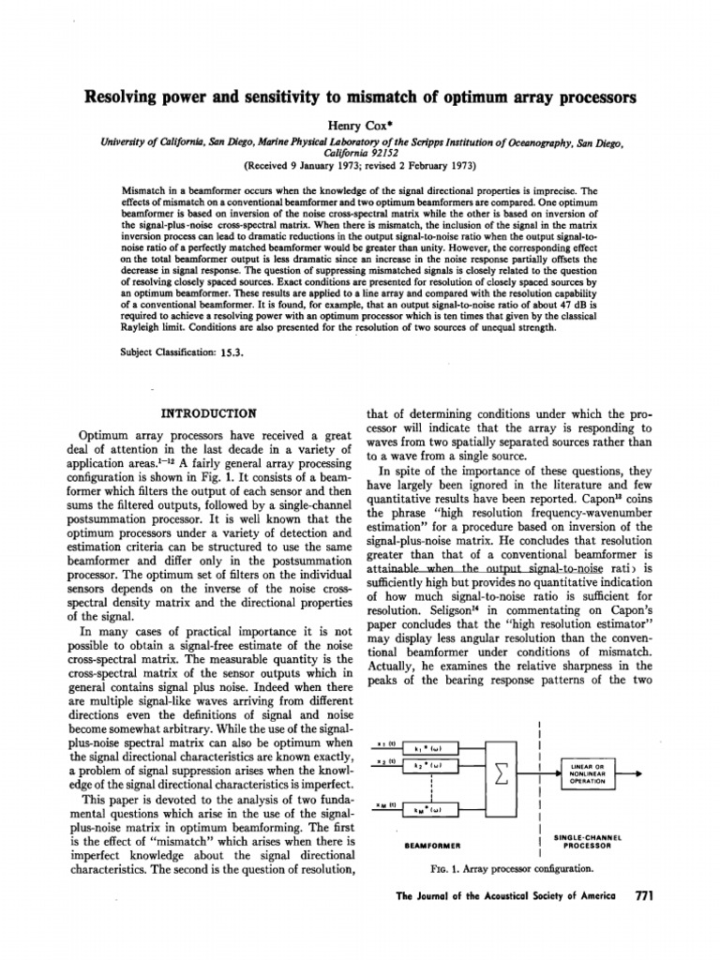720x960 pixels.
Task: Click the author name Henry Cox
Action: coord(360,126)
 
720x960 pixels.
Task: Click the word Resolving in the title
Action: coord(127,97)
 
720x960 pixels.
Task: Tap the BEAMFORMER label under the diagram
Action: coord(430,845)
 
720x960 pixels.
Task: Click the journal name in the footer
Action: coord(506,897)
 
